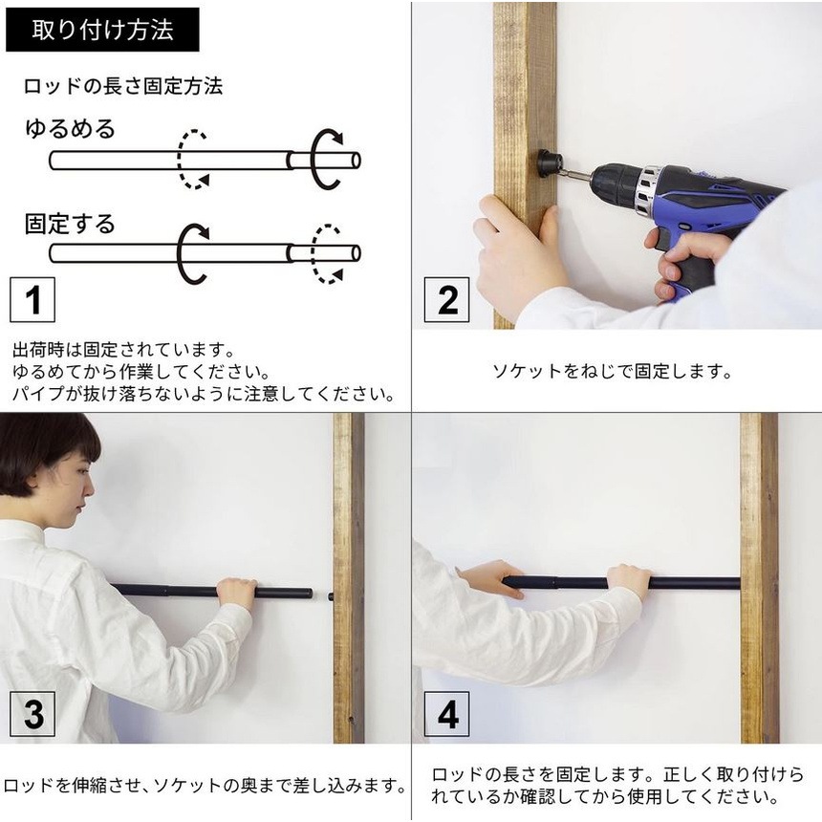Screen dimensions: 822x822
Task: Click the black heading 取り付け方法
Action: tap(102, 30)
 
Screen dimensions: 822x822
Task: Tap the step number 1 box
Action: tap(32, 300)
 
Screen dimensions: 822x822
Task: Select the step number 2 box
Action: tap(446, 300)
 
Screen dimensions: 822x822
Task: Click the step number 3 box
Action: tap(32, 713)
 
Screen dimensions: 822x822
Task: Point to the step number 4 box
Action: tap(446, 713)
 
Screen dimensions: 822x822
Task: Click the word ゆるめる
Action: tap(70, 128)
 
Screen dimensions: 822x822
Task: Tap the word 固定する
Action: tap(70, 224)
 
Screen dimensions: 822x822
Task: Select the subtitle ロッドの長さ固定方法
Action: tap(123, 86)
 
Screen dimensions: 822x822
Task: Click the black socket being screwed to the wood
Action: tap(550, 164)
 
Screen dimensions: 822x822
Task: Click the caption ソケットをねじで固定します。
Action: tap(612, 371)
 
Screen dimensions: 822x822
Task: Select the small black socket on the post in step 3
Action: tap(331, 596)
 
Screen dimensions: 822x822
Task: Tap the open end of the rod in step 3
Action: tap(310, 594)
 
